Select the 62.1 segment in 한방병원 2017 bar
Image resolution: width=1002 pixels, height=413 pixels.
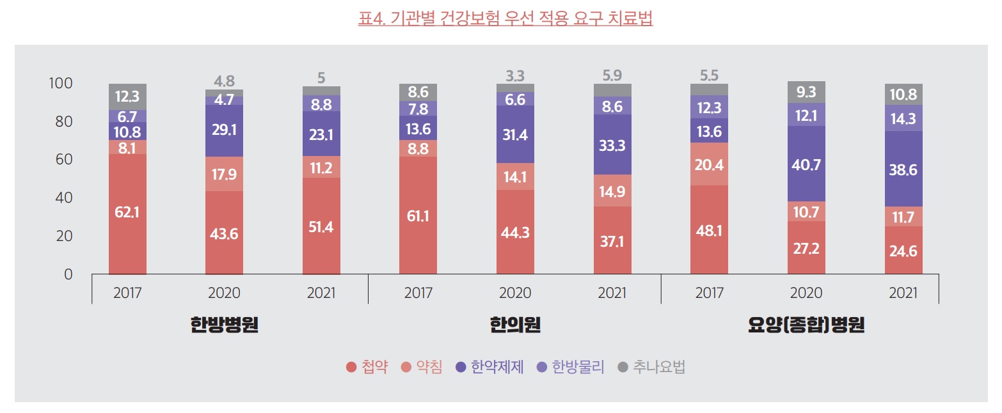[x=127, y=212]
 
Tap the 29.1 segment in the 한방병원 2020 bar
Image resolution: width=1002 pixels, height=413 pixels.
[x=224, y=130]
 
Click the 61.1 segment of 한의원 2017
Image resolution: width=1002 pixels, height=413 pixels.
[x=418, y=216]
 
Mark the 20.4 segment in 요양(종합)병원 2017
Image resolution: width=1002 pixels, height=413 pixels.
[x=709, y=164]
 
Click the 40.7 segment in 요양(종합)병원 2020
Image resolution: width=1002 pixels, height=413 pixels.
[x=806, y=164]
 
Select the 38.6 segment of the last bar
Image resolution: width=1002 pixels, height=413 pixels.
[x=903, y=169]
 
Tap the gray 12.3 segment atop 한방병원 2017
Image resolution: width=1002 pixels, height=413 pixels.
[x=127, y=97]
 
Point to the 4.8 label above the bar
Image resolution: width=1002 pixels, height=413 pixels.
[x=224, y=81]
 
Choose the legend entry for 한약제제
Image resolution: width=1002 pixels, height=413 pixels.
[x=489, y=368]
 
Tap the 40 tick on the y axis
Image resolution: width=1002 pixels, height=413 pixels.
[x=63, y=198]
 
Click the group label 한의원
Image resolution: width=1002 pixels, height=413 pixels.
[x=515, y=325]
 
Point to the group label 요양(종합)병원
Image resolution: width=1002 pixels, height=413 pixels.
[x=806, y=325]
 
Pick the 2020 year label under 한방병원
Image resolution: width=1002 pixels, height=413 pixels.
[x=224, y=293]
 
